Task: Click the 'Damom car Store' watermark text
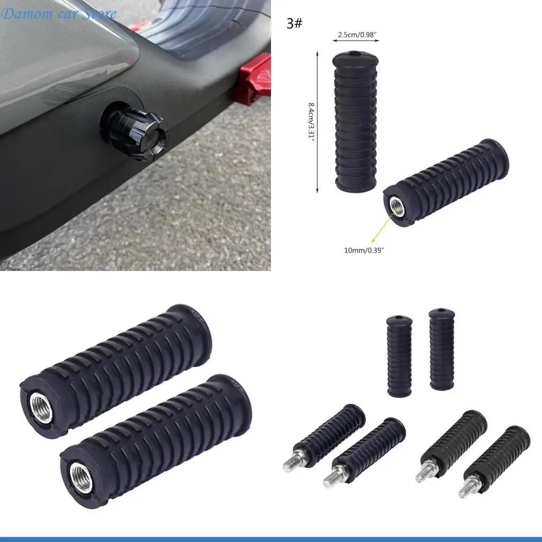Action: pyautogui.click(x=58, y=14)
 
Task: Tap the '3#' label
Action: pyautogui.click(x=294, y=23)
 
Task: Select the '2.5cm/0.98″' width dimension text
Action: pyautogui.click(x=357, y=34)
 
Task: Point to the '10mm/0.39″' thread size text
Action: pyautogui.click(x=364, y=250)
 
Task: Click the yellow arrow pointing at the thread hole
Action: pyautogui.click(x=383, y=227)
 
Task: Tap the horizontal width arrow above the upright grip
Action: pyautogui.click(x=356, y=40)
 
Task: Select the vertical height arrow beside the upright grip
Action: pyautogui.click(x=318, y=122)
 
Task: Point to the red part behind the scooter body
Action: pyautogui.click(x=252, y=80)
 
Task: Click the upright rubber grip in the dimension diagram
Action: pyautogui.click(x=355, y=121)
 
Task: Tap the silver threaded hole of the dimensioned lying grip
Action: pyautogui.click(x=396, y=206)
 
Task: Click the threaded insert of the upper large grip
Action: pyautogui.click(x=41, y=408)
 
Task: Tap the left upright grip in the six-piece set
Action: pyautogui.click(x=399, y=356)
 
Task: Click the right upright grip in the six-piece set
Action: pyautogui.click(x=441, y=349)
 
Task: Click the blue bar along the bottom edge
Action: pyautogui.click(x=271, y=539)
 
